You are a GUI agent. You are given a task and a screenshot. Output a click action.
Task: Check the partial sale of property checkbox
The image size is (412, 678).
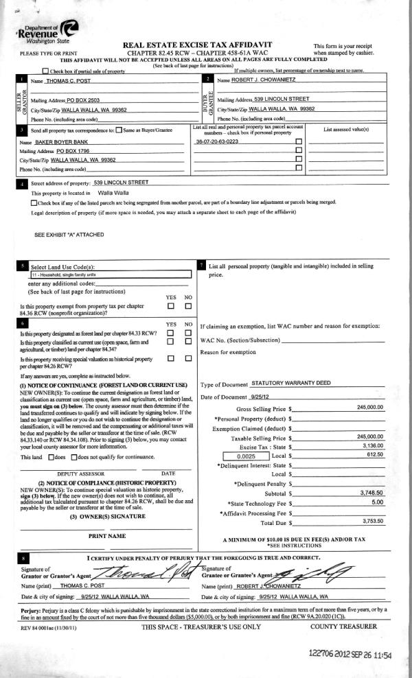pyautogui.click(x=45, y=71)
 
